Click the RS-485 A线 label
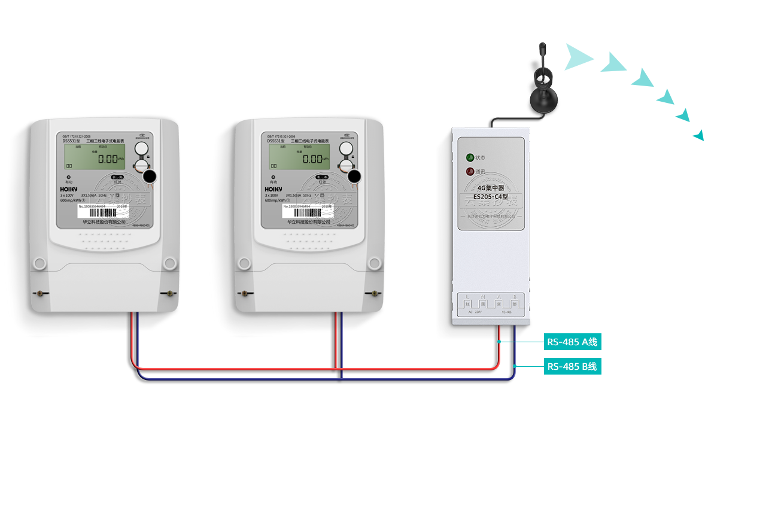tap(572, 342)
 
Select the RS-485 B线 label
tap(572, 366)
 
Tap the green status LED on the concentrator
tap(470, 158)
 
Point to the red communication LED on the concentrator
tap(470, 172)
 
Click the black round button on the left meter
tap(148, 177)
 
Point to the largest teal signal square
tap(579, 57)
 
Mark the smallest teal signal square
tap(698, 135)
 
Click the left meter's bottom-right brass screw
tap(170, 293)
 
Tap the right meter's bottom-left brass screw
tap(244, 293)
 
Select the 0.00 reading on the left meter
tap(109, 159)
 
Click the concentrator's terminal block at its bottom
tap(491, 304)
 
